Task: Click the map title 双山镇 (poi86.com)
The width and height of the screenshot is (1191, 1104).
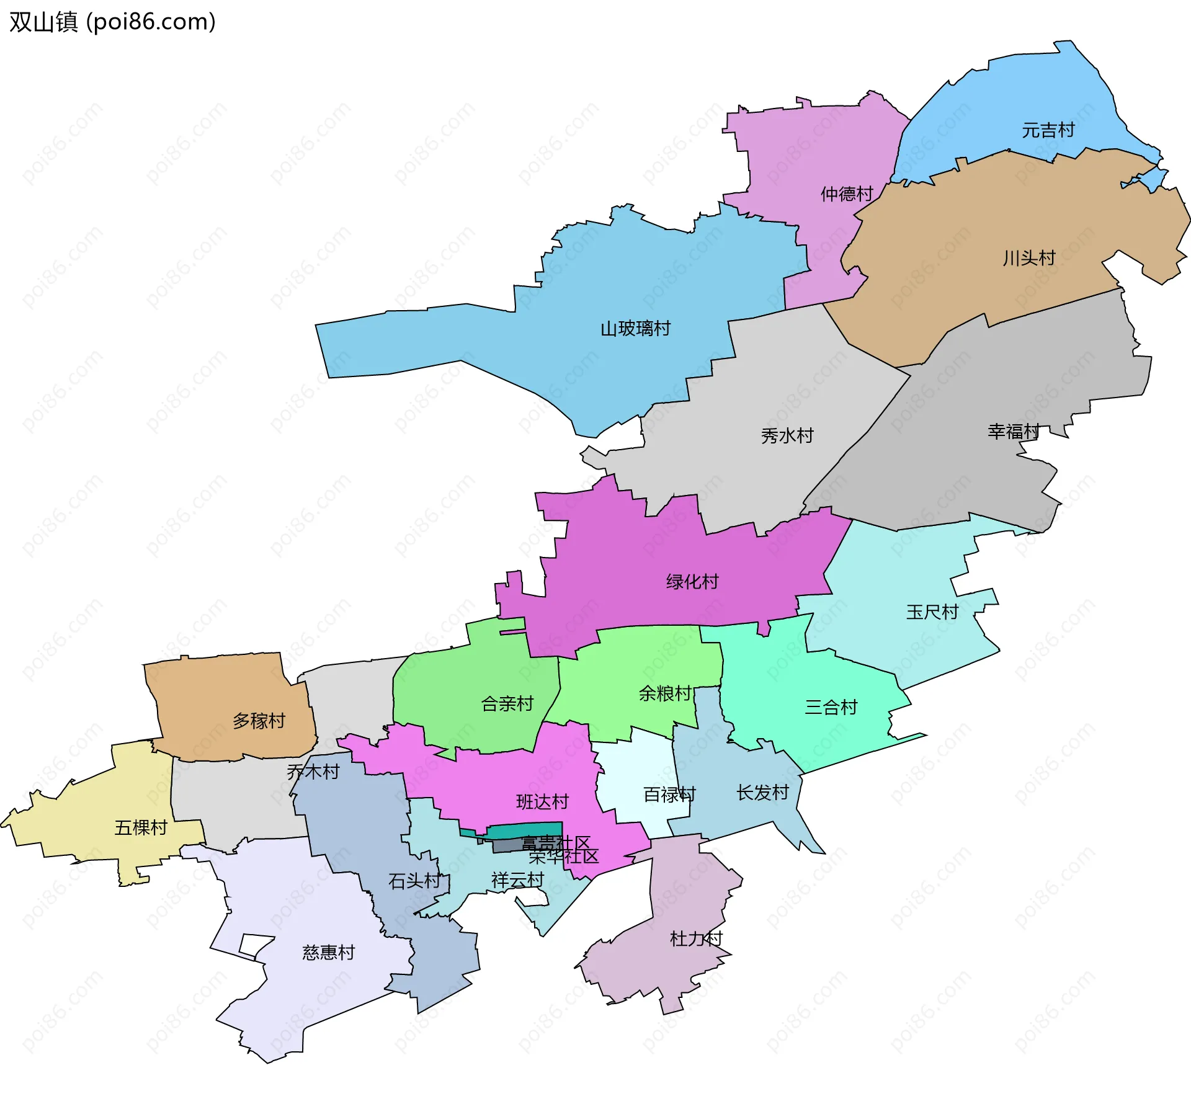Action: click(112, 22)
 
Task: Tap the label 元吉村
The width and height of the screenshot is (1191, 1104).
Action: click(1048, 130)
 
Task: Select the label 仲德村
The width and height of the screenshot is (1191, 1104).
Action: click(846, 194)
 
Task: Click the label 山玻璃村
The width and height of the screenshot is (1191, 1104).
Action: click(635, 329)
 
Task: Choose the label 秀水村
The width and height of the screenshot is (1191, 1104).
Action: click(787, 436)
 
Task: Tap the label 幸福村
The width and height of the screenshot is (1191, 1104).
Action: click(1013, 432)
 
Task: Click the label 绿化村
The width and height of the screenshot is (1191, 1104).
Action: click(692, 582)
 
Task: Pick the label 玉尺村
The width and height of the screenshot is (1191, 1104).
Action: click(932, 613)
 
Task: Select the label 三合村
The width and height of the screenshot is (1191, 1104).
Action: click(831, 707)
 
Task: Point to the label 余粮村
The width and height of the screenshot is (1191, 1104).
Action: click(665, 693)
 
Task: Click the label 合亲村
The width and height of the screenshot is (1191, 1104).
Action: click(507, 704)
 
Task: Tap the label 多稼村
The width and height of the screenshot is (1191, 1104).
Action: click(259, 721)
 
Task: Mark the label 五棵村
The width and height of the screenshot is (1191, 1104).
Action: click(141, 828)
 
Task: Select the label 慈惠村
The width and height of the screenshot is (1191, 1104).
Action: click(328, 953)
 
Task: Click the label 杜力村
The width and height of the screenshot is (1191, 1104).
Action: click(696, 939)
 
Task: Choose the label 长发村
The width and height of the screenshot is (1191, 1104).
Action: click(762, 793)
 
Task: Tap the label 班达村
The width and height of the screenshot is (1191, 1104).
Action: click(542, 802)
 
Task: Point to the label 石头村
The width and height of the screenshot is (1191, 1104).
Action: click(414, 881)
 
